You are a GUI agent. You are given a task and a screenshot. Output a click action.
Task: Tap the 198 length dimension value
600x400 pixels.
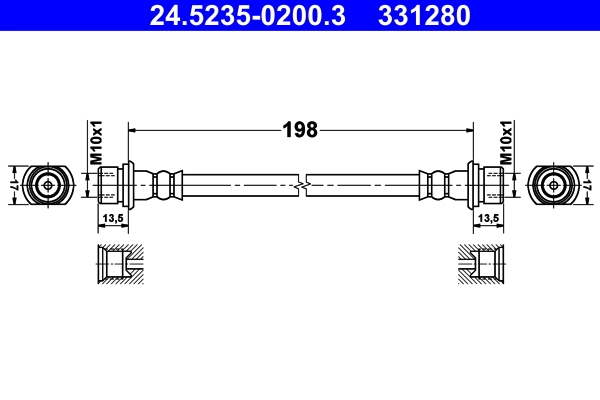[x=300, y=129]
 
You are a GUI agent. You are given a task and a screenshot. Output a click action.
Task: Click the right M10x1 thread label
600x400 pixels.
[x=506, y=143]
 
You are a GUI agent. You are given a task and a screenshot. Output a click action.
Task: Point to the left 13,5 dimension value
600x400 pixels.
[x=112, y=217]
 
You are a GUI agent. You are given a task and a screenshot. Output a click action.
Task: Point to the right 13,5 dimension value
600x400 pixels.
[x=488, y=217]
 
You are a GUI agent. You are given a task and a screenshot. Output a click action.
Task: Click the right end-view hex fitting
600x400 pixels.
[x=552, y=185]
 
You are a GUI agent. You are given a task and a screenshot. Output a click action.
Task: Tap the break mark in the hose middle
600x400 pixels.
[x=300, y=185]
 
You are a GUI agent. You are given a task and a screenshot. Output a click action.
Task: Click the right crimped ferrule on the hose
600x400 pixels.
[x=437, y=185]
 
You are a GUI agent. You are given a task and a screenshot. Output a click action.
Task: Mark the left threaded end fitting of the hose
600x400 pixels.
[x=114, y=185]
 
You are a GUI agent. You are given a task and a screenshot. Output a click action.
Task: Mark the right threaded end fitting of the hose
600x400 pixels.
[x=486, y=185]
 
